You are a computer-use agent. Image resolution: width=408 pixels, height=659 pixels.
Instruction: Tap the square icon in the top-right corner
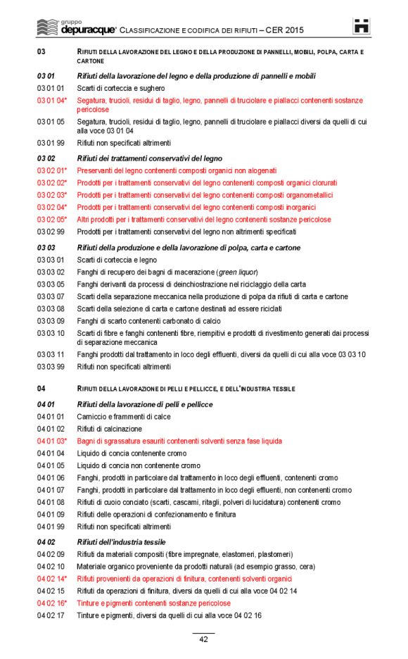tap(361, 27)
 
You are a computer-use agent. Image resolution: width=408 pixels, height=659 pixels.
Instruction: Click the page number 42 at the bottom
tap(203, 639)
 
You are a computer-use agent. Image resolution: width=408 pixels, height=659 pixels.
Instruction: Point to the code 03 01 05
tap(50, 121)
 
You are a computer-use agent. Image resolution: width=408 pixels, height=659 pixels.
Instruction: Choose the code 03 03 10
tap(50, 332)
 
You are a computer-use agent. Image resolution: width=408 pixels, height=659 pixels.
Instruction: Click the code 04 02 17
tap(50, 616)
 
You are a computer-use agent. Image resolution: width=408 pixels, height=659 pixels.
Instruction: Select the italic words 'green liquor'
tap(237, 272)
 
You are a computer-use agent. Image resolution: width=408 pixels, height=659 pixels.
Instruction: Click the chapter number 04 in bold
tap(41, 389)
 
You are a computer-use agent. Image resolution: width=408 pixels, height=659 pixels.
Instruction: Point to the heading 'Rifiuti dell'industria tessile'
tap(122, 541)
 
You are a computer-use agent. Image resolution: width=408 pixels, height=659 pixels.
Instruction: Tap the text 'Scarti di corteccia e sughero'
tap(121, 88)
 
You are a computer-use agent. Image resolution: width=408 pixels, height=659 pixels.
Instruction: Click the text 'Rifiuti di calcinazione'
tap(109, 428)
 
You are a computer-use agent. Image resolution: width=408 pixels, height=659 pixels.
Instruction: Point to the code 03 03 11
tap(50, 354)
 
